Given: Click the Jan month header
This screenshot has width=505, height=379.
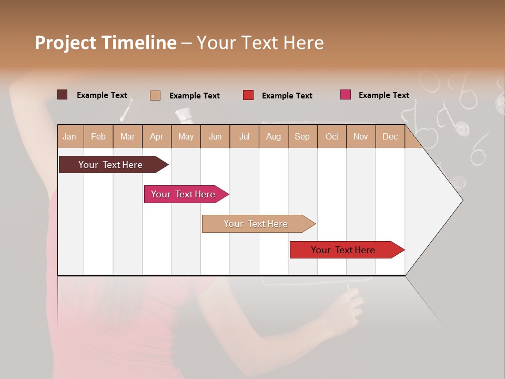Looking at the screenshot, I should coord(69,136).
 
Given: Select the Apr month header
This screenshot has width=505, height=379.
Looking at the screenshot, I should coord(156,136).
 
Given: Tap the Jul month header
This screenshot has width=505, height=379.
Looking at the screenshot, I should coord(244,136).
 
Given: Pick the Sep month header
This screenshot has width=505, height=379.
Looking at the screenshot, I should coord(302,136).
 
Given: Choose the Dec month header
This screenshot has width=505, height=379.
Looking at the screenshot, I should coord(390,136).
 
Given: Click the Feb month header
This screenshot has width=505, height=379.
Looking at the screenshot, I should coord(98,136).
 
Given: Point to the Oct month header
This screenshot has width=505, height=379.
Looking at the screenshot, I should coord(332,136).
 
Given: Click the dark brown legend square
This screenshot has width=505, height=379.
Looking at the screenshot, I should coord(62,95).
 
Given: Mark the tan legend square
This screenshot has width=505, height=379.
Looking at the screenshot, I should coord(155,95).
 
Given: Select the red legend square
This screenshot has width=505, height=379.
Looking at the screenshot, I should coord(248,95).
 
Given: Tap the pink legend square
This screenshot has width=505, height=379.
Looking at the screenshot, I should coord(345,95).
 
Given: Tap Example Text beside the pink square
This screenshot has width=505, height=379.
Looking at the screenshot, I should coord(383,95).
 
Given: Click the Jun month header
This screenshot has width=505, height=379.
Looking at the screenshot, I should coord(215,136).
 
